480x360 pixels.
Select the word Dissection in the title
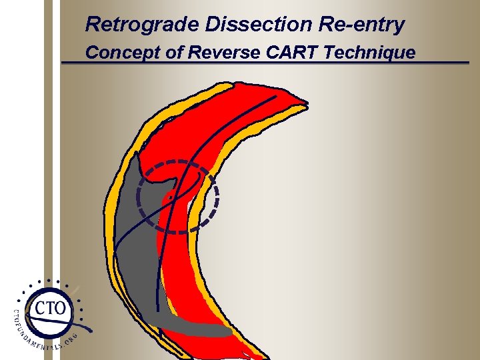(x=258, y=25)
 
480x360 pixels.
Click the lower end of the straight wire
(x=158, y=311)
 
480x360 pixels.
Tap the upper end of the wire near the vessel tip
(x=275, y=96)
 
